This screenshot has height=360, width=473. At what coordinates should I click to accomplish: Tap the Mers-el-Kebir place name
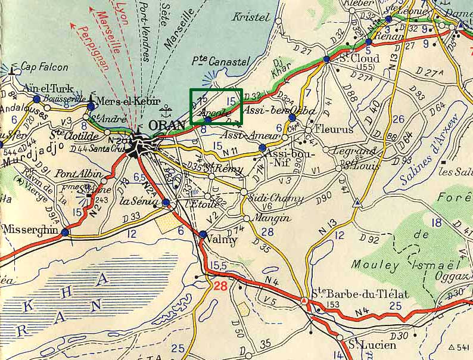click(x=123, y=101)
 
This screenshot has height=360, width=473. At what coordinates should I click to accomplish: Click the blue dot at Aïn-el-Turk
click(x=37, y=98)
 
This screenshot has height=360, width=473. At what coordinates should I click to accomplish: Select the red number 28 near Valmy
click(x=220, y=286)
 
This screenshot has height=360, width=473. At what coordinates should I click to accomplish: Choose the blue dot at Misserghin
click(x=64, y=232)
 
